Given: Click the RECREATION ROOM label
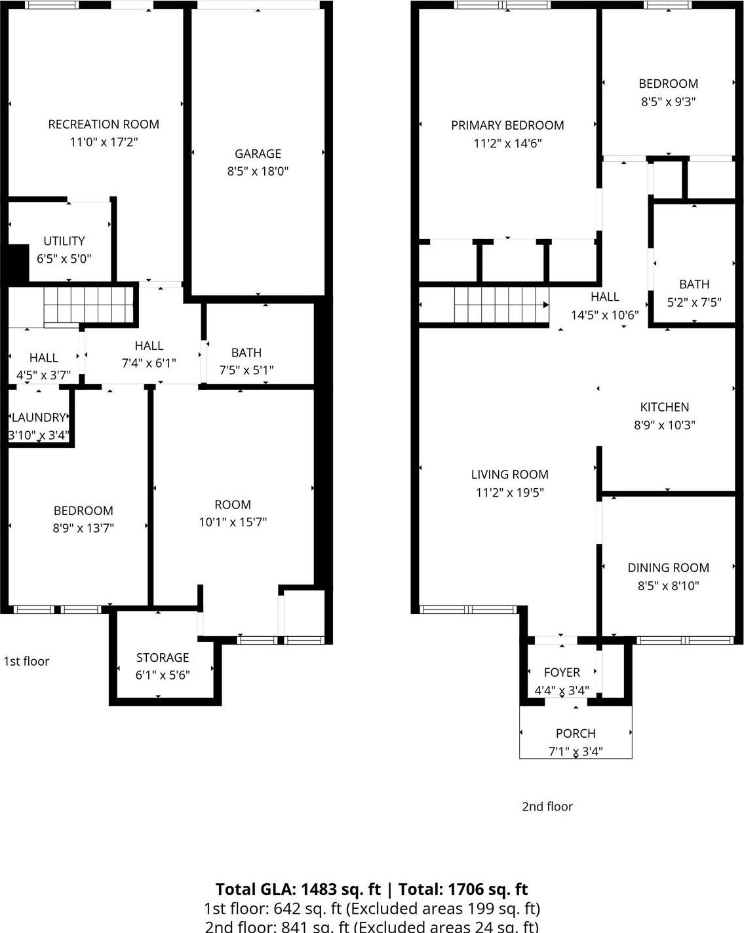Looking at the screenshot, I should coord(104,124).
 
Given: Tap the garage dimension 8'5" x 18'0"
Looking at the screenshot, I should coord(258,172).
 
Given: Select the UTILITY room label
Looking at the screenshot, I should coord(64,241).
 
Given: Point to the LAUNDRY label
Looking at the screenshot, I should coord(39,417).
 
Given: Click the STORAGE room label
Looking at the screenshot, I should coord(163,658).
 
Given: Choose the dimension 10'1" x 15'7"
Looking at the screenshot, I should coord(233,522).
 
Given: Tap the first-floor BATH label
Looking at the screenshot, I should coord(246,352).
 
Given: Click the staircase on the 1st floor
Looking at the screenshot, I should coord(88,305).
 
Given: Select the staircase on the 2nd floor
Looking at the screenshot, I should coord(501,305).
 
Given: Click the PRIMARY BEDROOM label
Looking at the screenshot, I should coord(507,125).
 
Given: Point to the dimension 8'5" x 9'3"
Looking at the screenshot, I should coord(668,102).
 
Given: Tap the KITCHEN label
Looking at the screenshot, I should coord(664,407).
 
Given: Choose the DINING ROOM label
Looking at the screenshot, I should coord(668,568).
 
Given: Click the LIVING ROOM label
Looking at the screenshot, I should coord(509,474).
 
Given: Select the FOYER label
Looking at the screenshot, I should coord(562,673).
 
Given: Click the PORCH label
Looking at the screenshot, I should coord(576,734).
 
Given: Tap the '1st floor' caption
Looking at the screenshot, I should coord(26,661).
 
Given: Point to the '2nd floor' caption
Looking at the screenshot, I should coord(547,807).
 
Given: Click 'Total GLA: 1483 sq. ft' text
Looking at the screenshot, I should coord(298,889).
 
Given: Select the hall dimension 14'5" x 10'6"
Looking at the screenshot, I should coord(604,314).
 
